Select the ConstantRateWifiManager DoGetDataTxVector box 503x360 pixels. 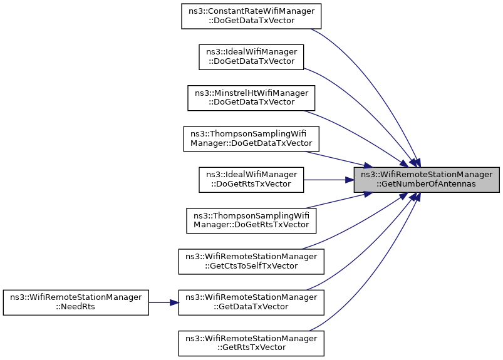point(251,16)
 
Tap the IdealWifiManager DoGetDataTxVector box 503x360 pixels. point(251,56)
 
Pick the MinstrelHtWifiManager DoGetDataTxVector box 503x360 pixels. point(251,97)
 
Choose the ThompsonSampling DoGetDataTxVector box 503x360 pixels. point(251,138)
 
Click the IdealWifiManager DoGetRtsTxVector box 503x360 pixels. point(251,180)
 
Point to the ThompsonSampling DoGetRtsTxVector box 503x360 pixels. point(251,220)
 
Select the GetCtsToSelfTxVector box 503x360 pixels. point(251,261)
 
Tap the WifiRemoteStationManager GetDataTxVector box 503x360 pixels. point(251,302)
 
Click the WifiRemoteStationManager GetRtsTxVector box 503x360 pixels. point(251,343)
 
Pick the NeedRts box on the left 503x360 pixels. point(76,302)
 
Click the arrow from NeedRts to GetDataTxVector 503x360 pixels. point(163,302)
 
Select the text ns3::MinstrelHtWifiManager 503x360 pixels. point(251,93)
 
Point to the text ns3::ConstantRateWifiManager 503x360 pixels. point(251,11)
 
